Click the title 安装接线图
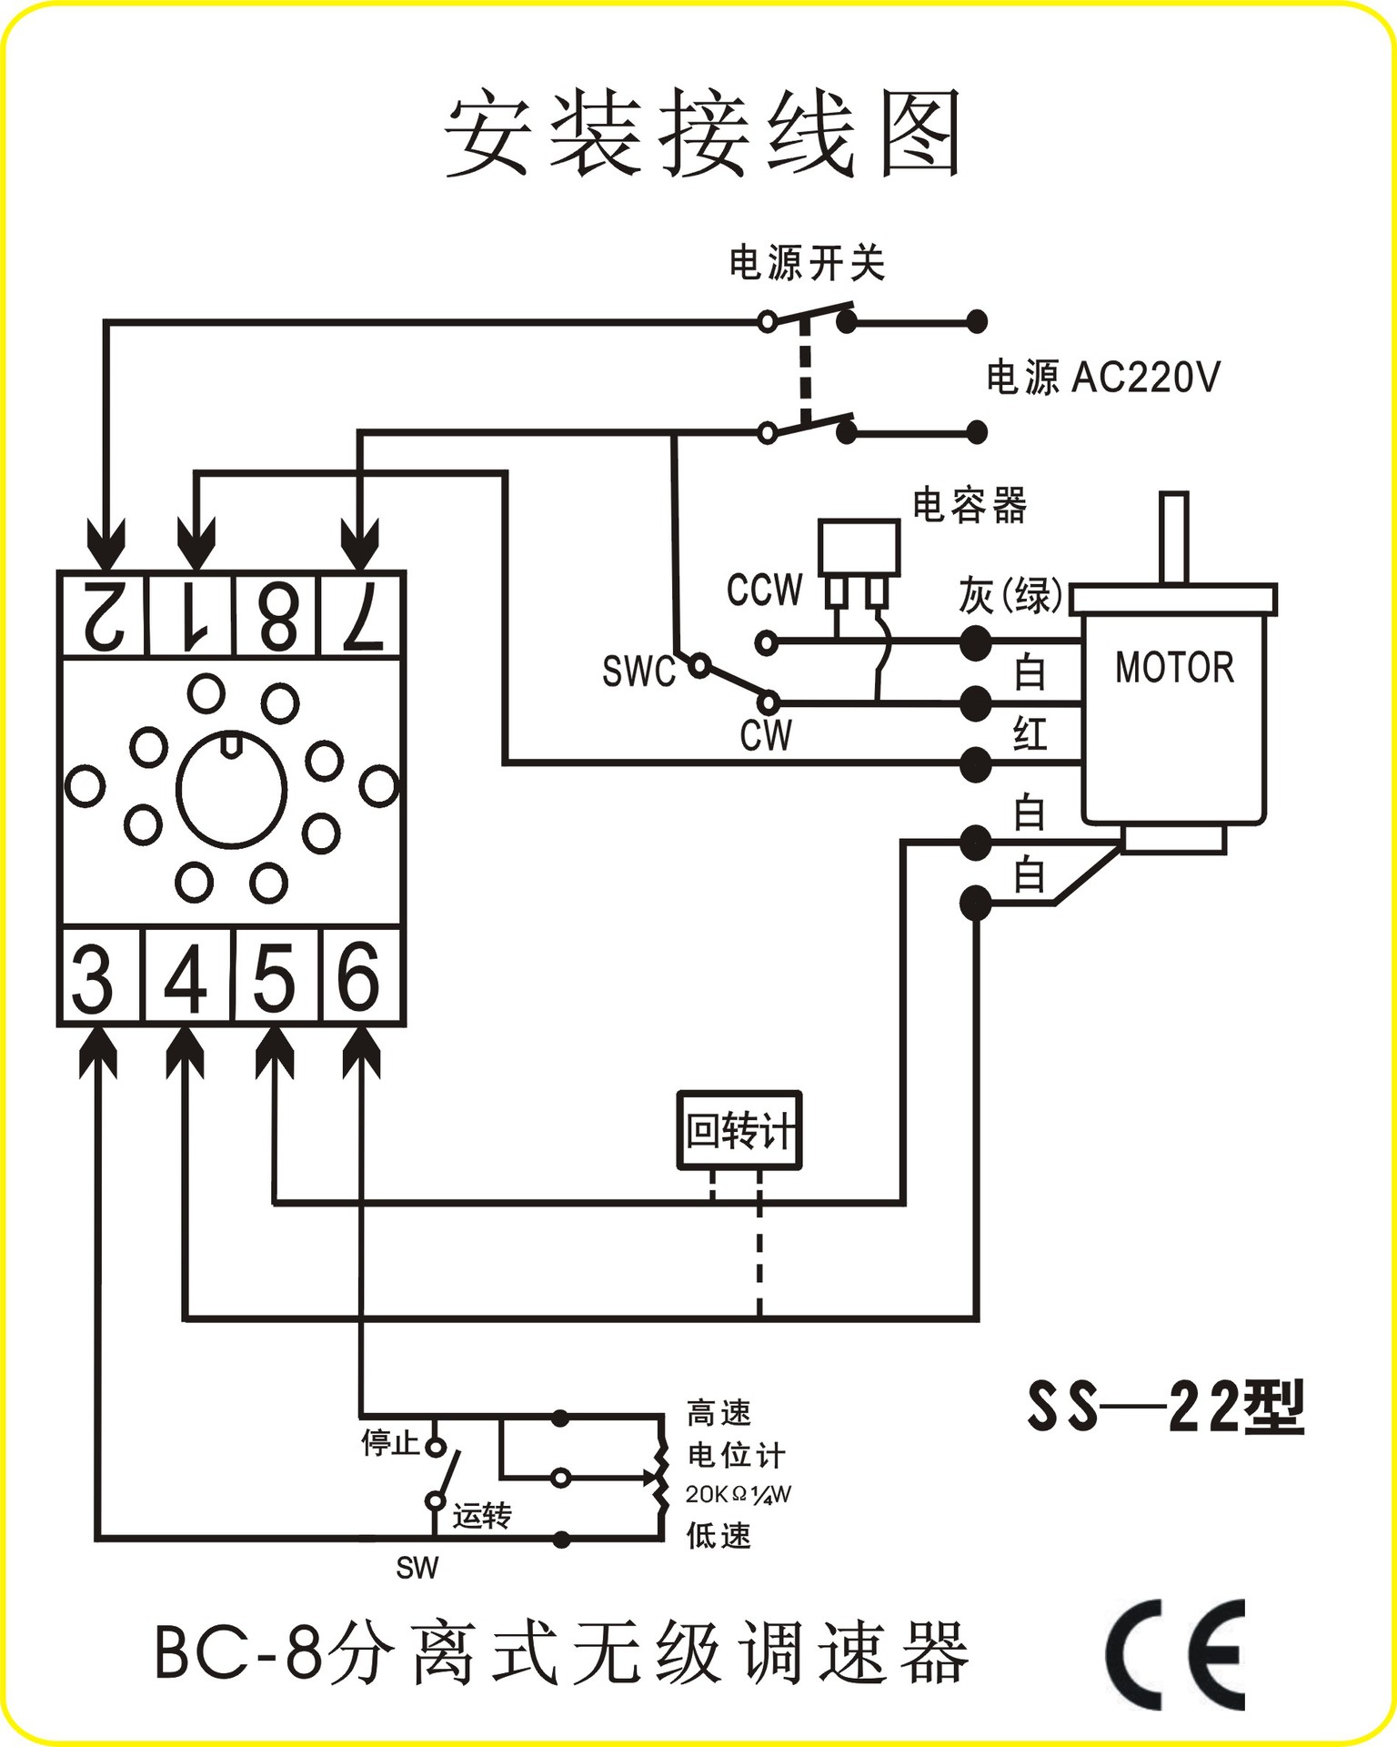(702, 135)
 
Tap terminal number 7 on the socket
(361, 615)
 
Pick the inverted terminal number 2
(102, 615)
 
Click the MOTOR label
(1174, 668)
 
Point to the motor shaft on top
(1173, 537)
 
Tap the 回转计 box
(739, 1131)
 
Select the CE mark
(1175, 1654)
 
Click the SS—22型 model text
(1166, 1407)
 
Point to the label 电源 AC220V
(1102, 377)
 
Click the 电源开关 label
(806, 264)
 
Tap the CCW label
(764, 591)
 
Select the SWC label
(638, 672)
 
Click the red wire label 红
(1030, 733)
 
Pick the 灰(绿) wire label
(1010, 596)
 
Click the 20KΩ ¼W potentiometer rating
(738, 1494)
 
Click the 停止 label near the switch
(389, 1442)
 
